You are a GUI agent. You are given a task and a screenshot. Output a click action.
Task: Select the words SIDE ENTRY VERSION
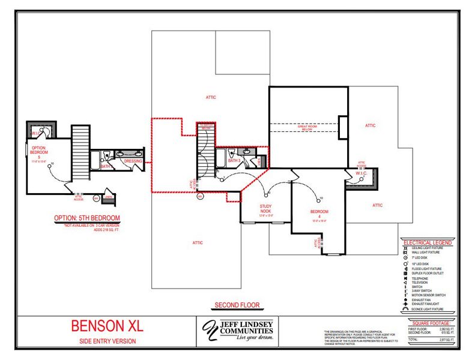(107, 341)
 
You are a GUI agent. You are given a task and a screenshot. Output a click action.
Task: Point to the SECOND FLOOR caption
(237, 305)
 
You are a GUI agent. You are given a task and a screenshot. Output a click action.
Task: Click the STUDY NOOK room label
(265, 209)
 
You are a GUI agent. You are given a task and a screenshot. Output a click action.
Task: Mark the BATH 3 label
(234, 161)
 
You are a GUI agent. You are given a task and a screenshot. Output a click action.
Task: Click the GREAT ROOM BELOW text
(307, 127)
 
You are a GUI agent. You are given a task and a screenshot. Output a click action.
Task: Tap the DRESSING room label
(133, 161)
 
